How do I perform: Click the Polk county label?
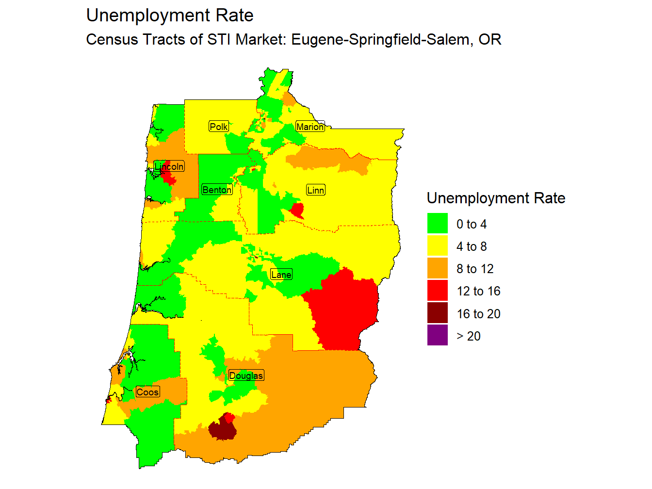pos(218,127)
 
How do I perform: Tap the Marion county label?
pos(310,127)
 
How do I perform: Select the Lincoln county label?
pos(169,166)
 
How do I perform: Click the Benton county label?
pos(217,190)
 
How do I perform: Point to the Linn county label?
pos(315,190)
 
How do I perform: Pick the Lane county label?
pos(281,275)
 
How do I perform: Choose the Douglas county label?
pos(246,375)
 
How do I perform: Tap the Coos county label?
pos(147,392)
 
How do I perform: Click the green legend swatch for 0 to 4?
pos(437,224)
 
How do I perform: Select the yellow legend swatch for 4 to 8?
pos(437,246)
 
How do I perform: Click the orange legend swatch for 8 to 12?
pos(437,268)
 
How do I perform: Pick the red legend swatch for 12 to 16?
pos(437,291)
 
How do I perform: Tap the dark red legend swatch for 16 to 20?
pos(437,313)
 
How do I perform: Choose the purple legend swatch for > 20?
pos(437,336)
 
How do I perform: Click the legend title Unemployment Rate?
pos(496,198)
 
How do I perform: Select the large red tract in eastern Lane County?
pos(344,310)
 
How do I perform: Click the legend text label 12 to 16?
pos(478,291)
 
